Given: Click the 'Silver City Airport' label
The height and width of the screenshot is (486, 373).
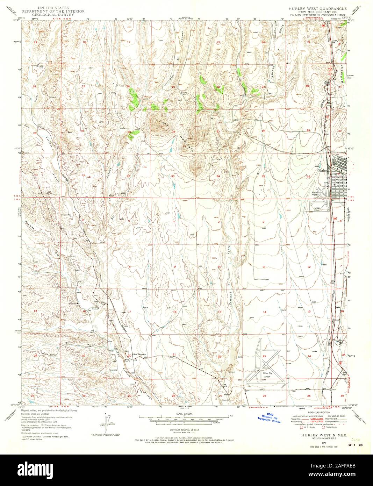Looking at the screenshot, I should click(268, 374).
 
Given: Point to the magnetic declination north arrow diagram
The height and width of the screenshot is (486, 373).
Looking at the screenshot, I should click(106, 420).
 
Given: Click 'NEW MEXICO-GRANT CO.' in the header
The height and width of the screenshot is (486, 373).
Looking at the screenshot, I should click(317, 11).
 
